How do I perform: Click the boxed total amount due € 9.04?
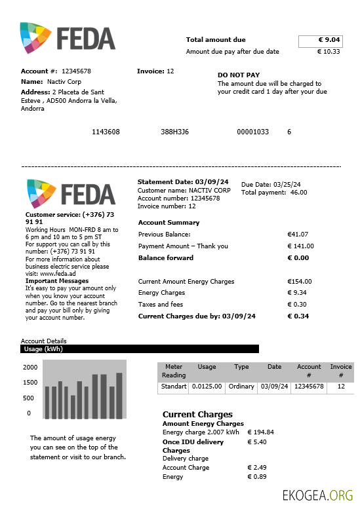(x=320, y=41)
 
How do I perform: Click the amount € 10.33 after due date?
(x=329, y=52)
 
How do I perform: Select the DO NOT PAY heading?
(x=239, y=75)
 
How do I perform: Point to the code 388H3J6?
(x=174, y=132)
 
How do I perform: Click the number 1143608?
(x=106, y=132)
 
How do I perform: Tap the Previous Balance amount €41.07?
(x=298, y=235)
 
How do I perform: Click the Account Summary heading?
(x=169, y=223)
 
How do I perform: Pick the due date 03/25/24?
(x=287, y=185)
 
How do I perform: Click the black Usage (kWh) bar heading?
(x=140, y=349)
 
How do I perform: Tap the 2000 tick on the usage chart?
(x=31, y=368)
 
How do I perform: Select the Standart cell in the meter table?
(x=174, y=387)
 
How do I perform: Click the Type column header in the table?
(x=241, y=367)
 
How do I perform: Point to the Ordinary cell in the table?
(x=241, y=387)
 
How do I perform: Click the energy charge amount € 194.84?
(x=260, y=432)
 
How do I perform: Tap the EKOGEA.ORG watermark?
(x=317, y=495)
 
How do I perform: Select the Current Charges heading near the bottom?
(x=197, y=415)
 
